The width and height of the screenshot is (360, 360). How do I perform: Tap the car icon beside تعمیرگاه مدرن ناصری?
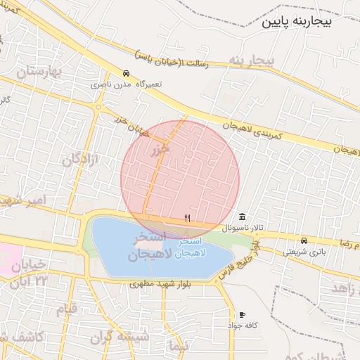(126, 73)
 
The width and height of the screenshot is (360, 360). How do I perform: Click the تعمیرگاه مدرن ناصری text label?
(126, 84)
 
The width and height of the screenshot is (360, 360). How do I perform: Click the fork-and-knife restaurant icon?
(187, 218)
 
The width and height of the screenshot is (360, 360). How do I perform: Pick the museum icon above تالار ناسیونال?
(243, 216)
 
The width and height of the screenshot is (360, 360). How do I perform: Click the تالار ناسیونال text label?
(243, 228)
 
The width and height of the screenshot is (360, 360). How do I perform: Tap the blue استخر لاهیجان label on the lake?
(188, 247)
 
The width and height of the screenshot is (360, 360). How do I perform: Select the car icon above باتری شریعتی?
(304, 240)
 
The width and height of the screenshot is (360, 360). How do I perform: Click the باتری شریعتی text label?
(304, 251)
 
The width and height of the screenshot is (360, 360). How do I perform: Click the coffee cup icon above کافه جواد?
(243, 314)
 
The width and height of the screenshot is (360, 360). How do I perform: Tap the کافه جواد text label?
(243, 326)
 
